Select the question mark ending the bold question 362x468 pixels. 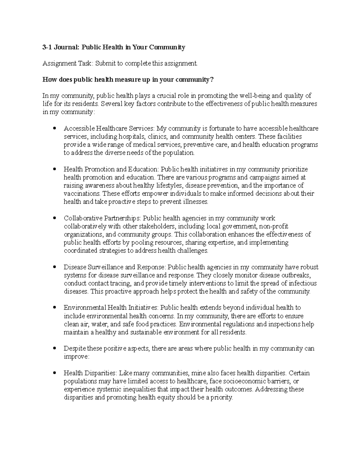coord(212,80)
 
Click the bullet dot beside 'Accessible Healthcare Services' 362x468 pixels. coord(55,129)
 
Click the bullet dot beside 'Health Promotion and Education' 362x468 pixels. coord(55,169)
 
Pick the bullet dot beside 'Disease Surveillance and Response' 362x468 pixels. coord(55,267)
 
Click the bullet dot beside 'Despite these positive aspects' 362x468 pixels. coord(55,348)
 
